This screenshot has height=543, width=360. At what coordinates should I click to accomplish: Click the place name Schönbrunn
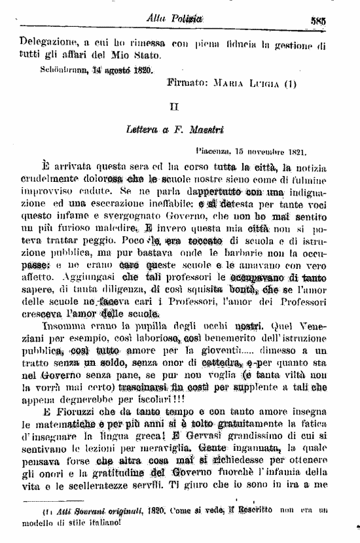tap(65, 67)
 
